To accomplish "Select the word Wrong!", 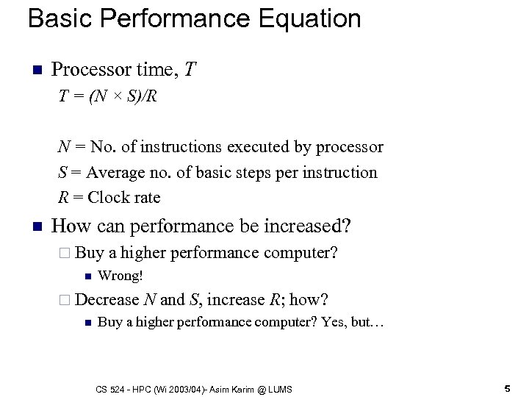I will pos(120,276).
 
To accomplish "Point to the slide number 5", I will pos(507,387).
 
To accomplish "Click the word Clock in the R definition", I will pos(107,198).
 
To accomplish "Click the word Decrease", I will pos(107,300).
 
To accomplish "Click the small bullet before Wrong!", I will pos(87,277).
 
